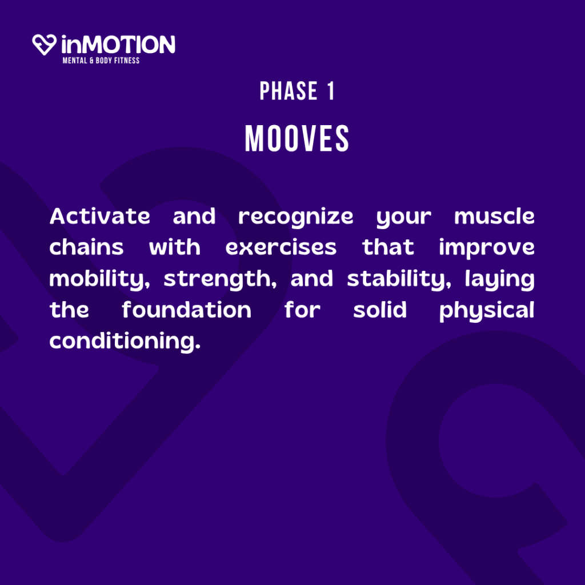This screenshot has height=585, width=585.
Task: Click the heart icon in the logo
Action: pos(45,45)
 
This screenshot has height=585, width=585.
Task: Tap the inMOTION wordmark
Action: pos(118,45)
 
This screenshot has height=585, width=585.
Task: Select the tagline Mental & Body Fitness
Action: pos(101,61)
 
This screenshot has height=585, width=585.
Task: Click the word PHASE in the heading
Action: pos(289,91)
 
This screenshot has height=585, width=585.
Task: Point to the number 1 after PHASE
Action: pos(331,91)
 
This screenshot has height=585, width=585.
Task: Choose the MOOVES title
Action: pos(297,138)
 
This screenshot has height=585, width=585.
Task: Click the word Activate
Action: pos(99,217)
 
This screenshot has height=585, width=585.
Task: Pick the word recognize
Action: pos(295,218)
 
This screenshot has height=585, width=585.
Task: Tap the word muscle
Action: pos(494,217)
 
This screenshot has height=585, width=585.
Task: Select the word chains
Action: pos(86,247)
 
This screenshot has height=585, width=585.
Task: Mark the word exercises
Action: pos(281,247)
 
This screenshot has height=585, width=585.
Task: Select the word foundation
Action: pos(187,310)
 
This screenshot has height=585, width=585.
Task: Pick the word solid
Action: pos(380,310)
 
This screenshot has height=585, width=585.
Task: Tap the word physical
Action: pos(487,311)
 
